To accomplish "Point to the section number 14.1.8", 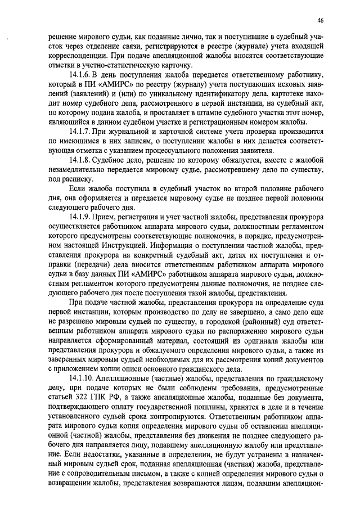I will pyautogui.click(x=80, y=159).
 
